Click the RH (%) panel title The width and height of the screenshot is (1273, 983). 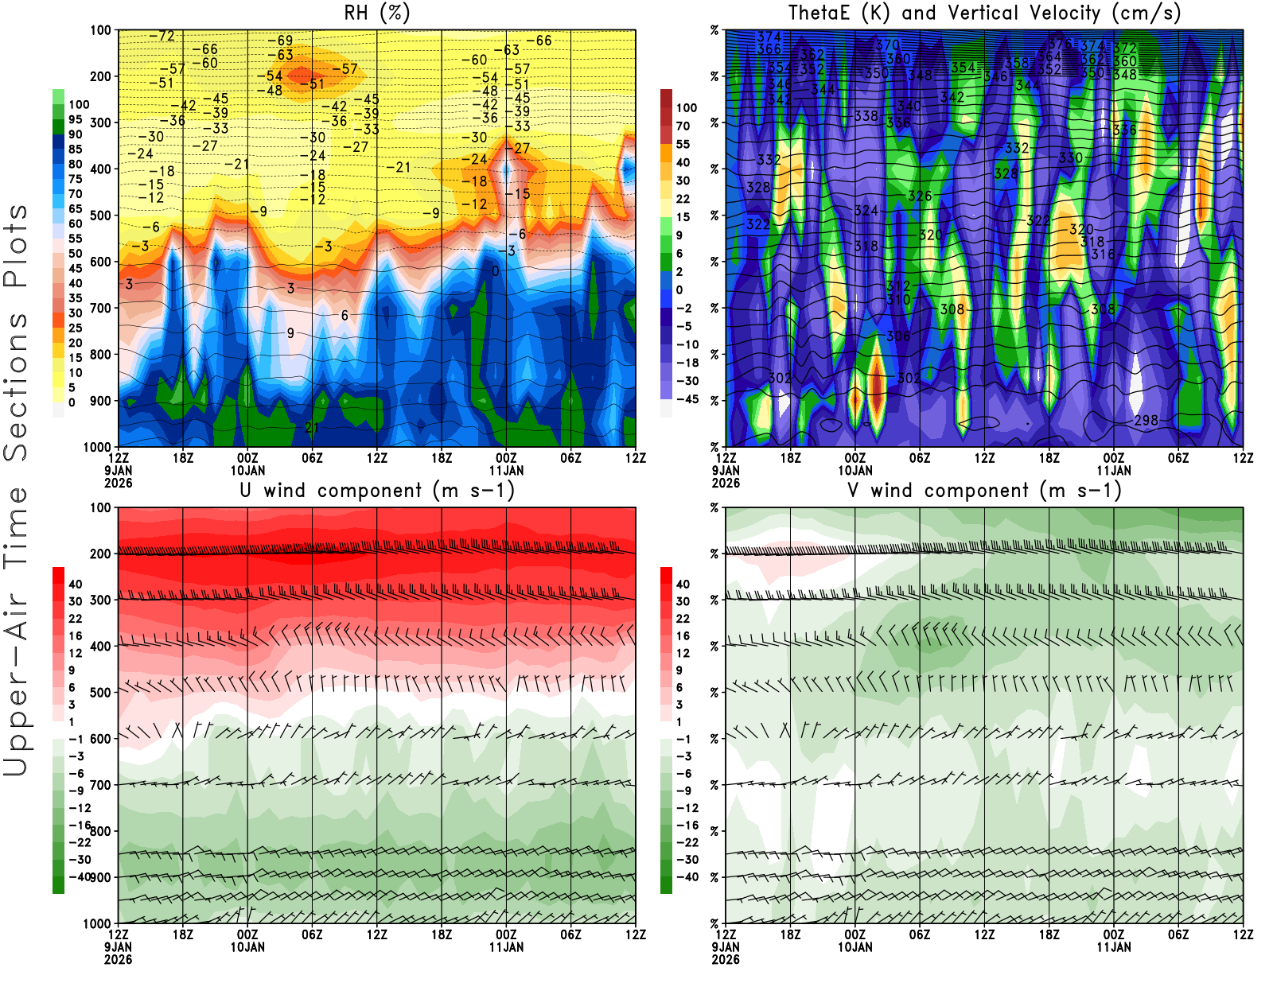(376, 14)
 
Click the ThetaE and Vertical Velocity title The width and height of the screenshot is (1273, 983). (984, 14)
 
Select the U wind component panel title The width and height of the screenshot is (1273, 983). (377, 491)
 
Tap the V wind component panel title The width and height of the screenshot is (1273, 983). (984, 491)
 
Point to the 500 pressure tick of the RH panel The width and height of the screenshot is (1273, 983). (101, 216)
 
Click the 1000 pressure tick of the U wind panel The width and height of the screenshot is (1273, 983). (98, 923)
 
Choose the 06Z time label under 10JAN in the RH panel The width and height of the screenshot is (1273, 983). (312, 458)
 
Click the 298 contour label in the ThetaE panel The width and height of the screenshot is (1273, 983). (1146, 420)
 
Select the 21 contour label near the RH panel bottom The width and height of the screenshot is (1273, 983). (312, 428)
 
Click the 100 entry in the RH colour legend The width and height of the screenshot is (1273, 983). (79, 105)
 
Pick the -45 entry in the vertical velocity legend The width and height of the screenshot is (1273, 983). (687, 399)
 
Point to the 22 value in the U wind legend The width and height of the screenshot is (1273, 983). (76, 619)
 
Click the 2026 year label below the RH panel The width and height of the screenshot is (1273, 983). (119, 484)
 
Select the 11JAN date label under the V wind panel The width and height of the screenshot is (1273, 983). (1114, 947)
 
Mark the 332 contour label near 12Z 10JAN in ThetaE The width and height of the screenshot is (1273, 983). (1017, 148)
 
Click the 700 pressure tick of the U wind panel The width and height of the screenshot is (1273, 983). (101, 785)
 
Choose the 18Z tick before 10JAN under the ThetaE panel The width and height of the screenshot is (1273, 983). (790, 458)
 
